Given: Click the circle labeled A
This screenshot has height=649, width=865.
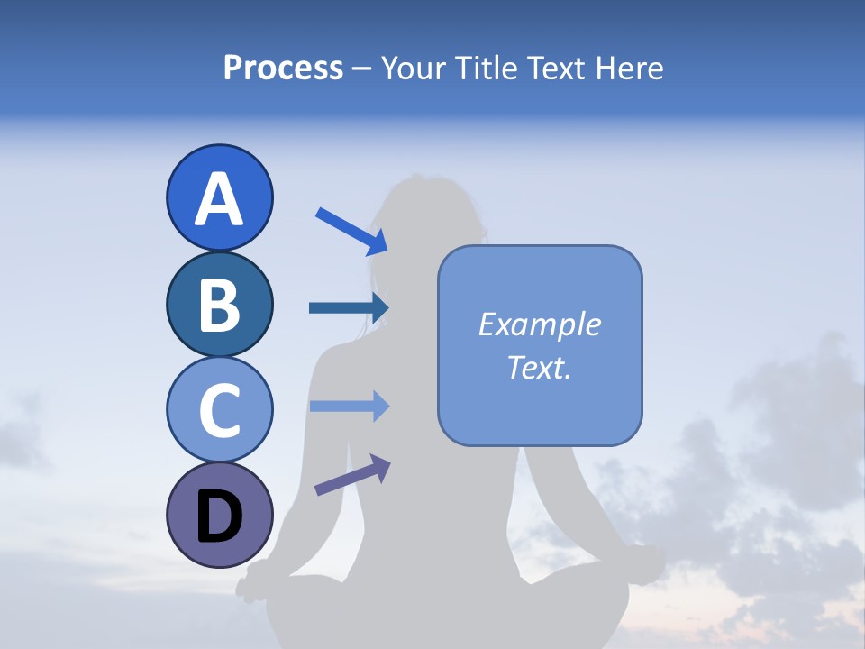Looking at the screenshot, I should click(219, 197).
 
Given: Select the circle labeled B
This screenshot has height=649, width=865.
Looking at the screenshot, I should click(219, 304).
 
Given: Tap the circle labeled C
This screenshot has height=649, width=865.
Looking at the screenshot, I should click(219, 409).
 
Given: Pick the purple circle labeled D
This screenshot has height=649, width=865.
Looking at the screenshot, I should click(219, 515).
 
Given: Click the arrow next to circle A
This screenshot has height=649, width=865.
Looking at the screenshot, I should click(351, 230).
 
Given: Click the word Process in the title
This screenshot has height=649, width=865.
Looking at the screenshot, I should click(283, 68).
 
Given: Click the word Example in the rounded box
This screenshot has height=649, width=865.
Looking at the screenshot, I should click(539, 324).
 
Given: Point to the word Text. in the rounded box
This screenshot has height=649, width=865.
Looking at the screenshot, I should click(539, 367).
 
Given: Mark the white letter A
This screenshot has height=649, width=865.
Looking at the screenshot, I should click(219, 199).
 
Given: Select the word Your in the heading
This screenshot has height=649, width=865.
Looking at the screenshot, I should click(413, 68).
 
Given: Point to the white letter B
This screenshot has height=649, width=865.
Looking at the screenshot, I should click(219, 306).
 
